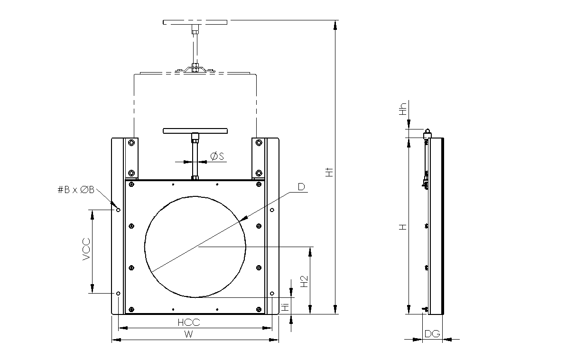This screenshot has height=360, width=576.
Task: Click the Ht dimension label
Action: tap(329, 172)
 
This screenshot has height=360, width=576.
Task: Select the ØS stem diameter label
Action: tap(217, 156)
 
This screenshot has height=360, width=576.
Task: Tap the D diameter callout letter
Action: tap(301, 187)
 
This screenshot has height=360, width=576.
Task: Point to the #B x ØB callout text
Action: tap(76, 190)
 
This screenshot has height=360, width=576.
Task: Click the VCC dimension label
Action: tap(86, 249)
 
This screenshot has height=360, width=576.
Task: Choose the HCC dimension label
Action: tap(189, 323)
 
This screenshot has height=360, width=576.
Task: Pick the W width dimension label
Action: tap(188, 334)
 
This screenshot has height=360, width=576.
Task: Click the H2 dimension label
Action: tap(304, 281)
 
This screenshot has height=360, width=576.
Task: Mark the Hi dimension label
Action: tap(286, 307)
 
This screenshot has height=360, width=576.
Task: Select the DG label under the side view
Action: tap(432, 334)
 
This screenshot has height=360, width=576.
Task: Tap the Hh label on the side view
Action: tap(403, 109)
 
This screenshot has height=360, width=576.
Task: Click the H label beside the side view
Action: tap(403, 227)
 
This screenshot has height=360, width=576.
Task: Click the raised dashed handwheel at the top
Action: tap(195, 22)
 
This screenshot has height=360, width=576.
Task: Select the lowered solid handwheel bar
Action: tap(195, 131)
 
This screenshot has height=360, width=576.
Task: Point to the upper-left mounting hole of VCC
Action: tap(118, 210)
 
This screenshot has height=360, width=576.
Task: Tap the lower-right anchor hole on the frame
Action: tap(272, 294)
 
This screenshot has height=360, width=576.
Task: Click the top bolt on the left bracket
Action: tap(131, 142)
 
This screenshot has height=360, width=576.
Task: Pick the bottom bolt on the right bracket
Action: tap(259, 173)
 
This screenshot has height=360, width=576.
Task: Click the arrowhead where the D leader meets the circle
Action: tap(243, 219)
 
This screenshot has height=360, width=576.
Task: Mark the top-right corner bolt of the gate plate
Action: tap(259, 185)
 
